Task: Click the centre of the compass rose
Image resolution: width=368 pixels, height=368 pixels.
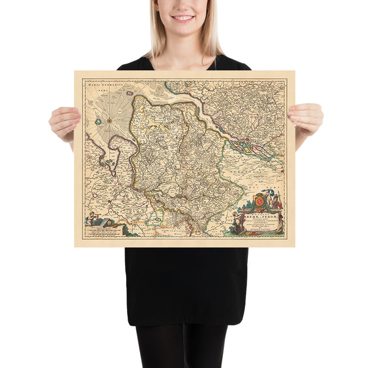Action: coord(109,121)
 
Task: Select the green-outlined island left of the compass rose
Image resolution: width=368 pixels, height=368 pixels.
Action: coord(98,121)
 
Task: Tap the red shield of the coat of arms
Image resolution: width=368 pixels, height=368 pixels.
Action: coord(259,200)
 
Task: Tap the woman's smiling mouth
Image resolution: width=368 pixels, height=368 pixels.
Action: coord(183,18)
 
